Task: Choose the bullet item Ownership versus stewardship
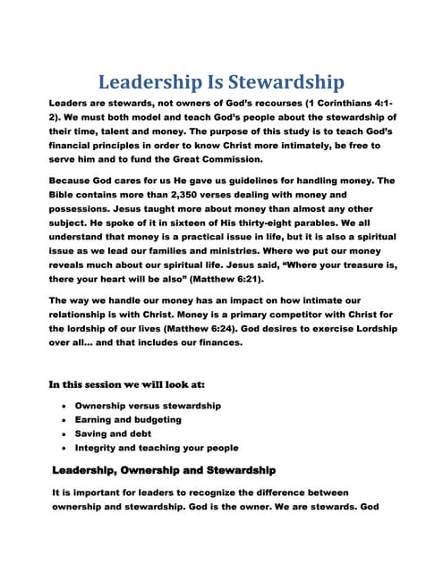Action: coord(148,405)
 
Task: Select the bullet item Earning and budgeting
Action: coord(128,419)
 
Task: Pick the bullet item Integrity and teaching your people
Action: coord(157,447)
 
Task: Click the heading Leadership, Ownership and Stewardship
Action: coord(164,469)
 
